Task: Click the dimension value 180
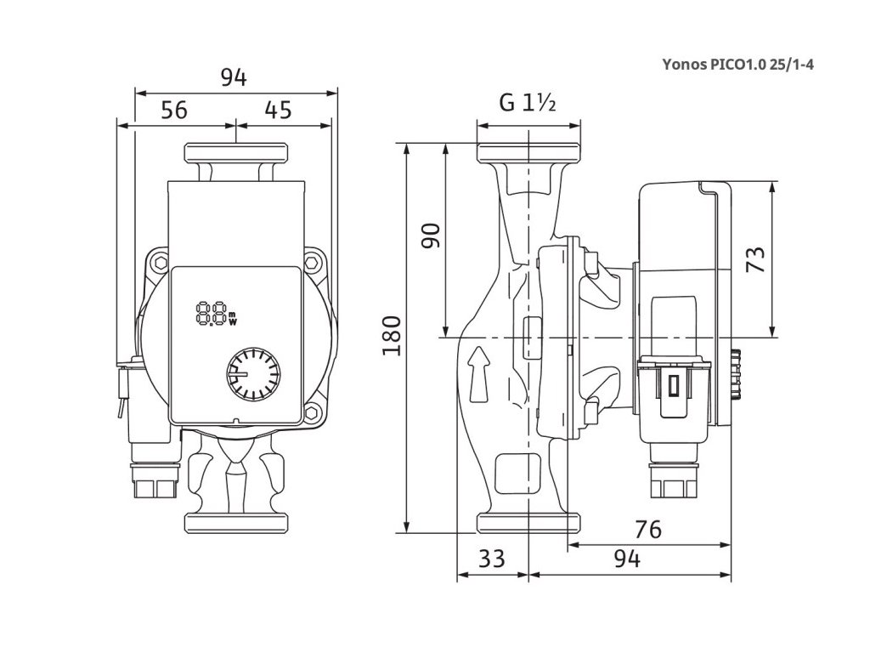pyautogui.click(x=392, y=336)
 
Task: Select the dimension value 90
pyautogui.click(x=432, y=236)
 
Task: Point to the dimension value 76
pyautogui.click(x=647, y=530)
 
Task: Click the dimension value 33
pyautogui.click(x=491, y=559)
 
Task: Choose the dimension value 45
pyautogui.click(x=278, y=110)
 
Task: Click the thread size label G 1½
pyautogui.click(x=527, y=104)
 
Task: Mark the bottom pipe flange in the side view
pyautogui.click(x=528, y=522)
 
